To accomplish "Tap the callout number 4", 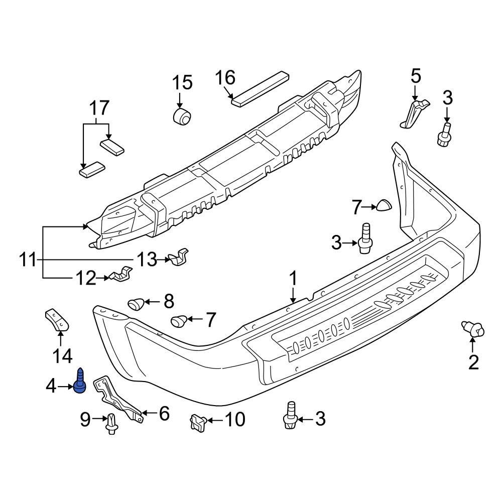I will [52, 386].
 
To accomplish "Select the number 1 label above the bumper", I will [293, 280].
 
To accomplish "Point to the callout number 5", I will [416, 77].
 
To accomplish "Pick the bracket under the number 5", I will [415, 113].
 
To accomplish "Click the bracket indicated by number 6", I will [119, 399].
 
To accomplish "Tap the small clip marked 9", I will [111, 423].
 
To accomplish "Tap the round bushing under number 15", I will [182, 116].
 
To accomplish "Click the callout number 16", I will [225, 78].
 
